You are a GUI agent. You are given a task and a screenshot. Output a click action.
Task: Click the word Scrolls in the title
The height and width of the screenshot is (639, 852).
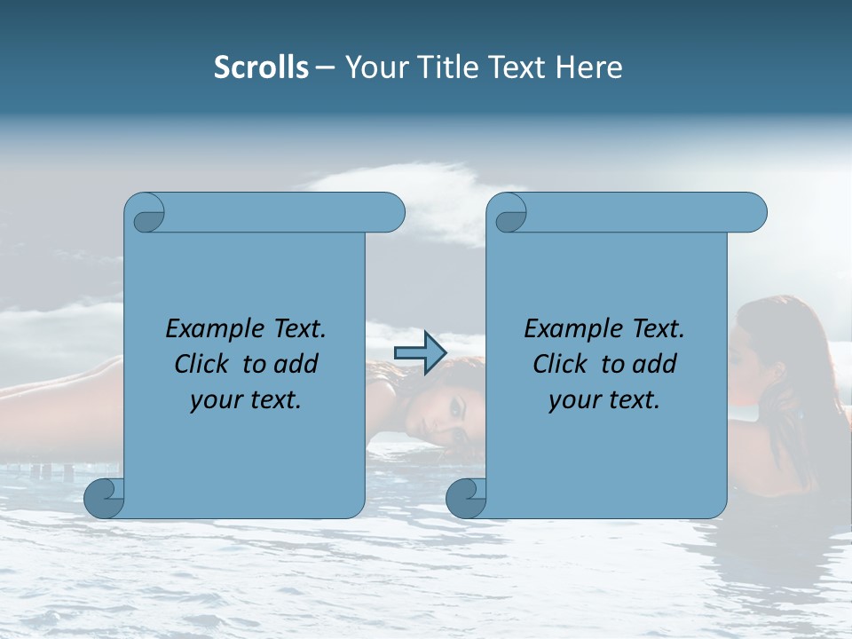coord(261,67)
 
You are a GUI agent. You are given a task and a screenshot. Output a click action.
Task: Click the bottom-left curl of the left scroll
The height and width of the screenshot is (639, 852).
coord(103,498)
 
